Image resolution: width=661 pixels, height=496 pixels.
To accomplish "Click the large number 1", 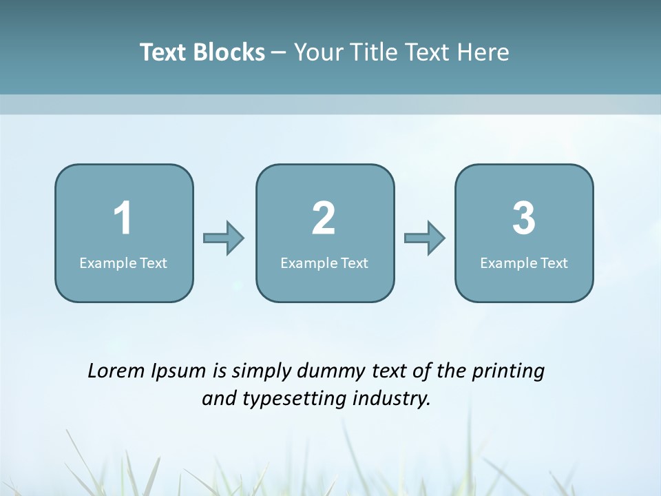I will coord(123,218).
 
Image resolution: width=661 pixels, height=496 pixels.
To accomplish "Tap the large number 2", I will coord(324,218).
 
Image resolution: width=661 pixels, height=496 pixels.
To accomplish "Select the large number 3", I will coord(523,218).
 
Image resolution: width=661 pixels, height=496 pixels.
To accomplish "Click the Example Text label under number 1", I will coord(123,262).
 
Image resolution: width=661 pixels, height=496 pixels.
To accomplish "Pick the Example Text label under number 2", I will coord(324,262).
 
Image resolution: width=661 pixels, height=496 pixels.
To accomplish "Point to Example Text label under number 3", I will coord(524,262).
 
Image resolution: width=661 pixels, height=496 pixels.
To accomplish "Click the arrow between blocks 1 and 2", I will coord(224,238).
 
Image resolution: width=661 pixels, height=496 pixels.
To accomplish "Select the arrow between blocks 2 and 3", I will coord(425,238).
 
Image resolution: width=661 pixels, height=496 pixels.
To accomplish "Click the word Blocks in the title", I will coord(229,52).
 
